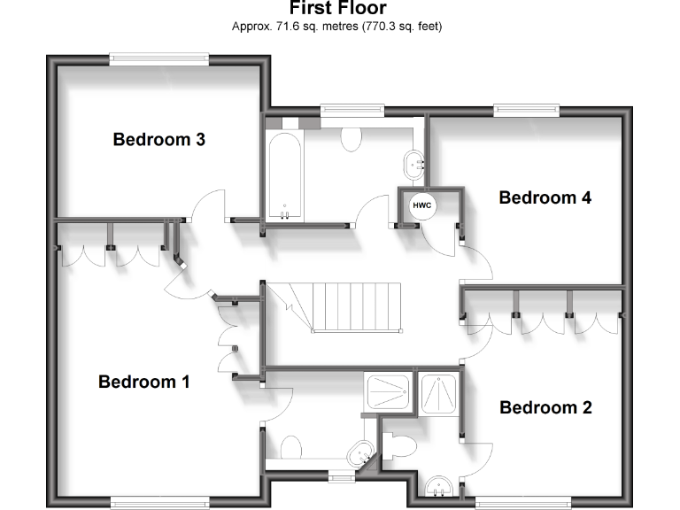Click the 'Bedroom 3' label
(159, 139)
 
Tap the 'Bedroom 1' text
(144, 382)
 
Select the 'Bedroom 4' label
(545, 197)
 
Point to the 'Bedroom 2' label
(545, 407)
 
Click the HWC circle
(421, 205)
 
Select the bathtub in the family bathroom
(285, 177)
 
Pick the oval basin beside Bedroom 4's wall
(415, 164)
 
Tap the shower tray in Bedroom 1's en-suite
(388, 392)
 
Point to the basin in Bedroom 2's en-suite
(439, 486)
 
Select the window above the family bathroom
(352, 110)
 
